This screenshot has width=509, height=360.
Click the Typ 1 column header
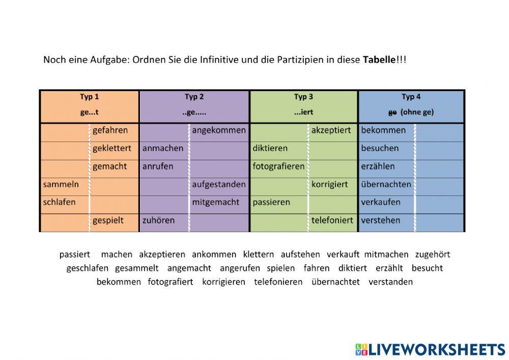[x=89, y=97]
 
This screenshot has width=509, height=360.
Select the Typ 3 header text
[x=303, y=97]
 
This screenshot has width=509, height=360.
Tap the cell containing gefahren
[x=110, y=130]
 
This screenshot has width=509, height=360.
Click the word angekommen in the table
[x=219, y=130]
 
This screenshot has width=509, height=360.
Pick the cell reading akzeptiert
[x=331, y=130]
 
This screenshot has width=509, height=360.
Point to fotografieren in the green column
[x=278, y=167]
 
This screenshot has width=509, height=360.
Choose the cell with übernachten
[x=386, y=184]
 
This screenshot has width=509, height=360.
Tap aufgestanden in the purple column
[x=219, y=184]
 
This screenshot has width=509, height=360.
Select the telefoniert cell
[x=332, y=220]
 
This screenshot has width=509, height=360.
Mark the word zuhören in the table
[x=158, y=220]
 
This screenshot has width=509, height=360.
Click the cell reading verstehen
[x=381, y=220]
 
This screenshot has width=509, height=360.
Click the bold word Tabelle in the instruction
[x=379, y=60]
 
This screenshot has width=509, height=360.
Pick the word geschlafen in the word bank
[x=87, y=268]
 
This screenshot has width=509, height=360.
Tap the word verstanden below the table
[x=390, y=282]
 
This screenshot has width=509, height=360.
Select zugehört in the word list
[x=432, y=254]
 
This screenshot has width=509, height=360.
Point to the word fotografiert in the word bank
[x=171, y=282]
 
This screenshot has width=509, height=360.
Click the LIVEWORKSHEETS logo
[x=430, y=349]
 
